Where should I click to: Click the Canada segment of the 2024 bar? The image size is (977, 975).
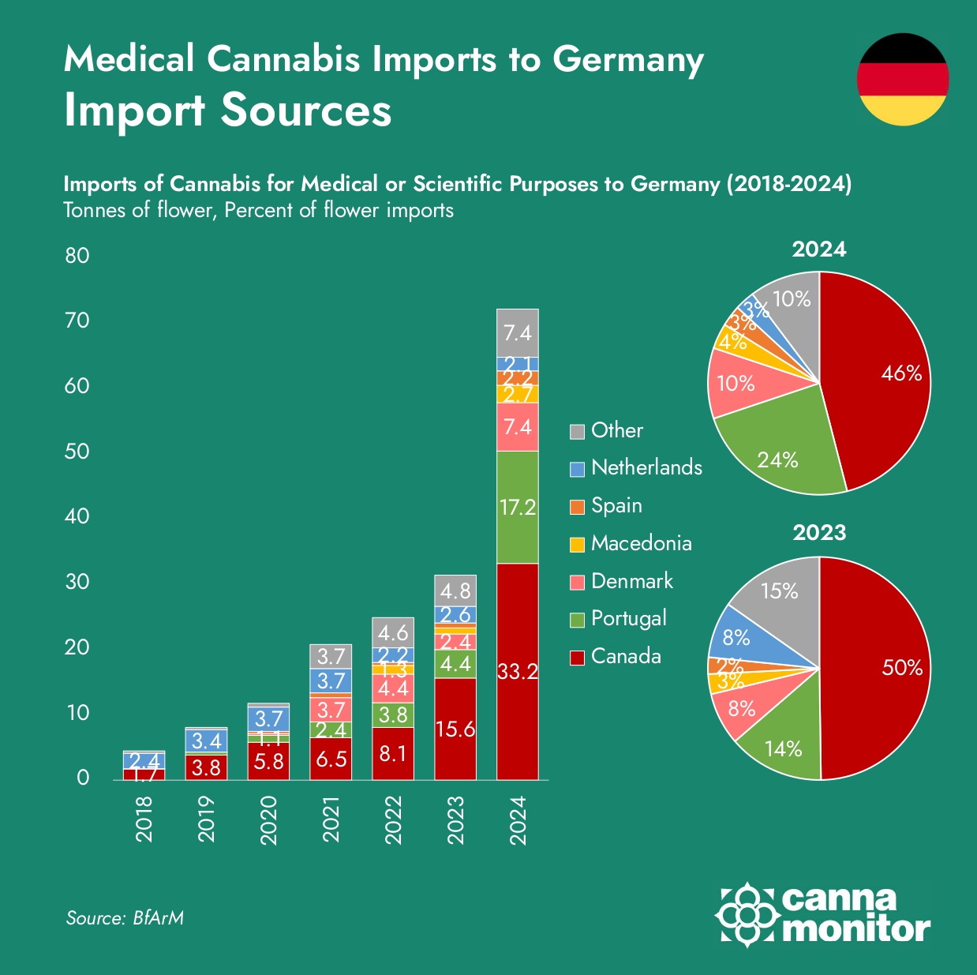518,671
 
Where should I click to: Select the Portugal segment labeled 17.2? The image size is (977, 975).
518,507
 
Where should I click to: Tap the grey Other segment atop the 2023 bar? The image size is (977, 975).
455,591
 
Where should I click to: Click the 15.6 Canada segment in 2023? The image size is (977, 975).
455,728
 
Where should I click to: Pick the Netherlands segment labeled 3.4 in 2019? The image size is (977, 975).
206,741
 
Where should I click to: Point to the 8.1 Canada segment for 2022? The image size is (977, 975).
393,753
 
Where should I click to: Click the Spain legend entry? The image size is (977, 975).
616,505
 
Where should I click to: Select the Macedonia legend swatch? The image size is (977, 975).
578,544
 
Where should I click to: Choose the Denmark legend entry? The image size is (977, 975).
631,581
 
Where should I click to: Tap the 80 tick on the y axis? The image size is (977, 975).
77,256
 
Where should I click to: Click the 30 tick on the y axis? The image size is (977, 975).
77,582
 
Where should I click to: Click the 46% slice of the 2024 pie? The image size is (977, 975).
884,379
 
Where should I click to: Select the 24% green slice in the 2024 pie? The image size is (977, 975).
781,450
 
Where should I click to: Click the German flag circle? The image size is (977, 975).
903,79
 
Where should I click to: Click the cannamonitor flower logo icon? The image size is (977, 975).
746,914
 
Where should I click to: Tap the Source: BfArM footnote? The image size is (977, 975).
125,918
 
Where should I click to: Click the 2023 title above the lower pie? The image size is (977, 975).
819,533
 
